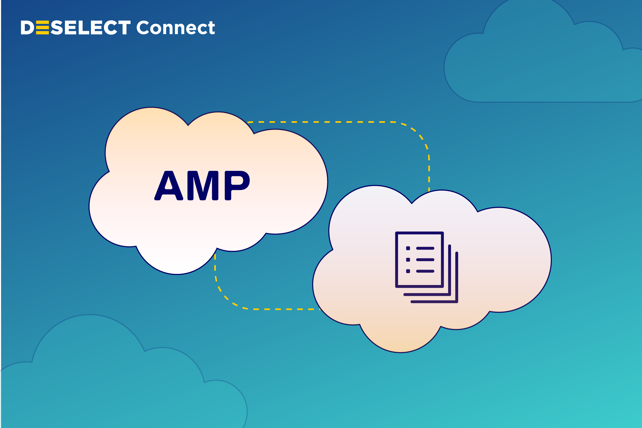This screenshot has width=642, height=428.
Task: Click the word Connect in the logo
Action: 175,28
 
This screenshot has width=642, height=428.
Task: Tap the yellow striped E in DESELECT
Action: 42,28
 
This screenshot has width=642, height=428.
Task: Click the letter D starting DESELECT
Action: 27,28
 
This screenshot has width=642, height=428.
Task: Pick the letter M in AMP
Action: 203,186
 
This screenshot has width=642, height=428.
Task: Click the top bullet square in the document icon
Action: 408,248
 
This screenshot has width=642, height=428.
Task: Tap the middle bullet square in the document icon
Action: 408,259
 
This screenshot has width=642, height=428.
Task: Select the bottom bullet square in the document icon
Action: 408,271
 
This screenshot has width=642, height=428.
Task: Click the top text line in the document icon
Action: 425,248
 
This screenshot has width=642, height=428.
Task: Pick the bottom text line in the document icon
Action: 425,271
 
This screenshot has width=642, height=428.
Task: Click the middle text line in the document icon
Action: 425,259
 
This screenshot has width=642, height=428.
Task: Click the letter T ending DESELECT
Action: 124,28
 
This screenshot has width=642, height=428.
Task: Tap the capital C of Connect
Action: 143,28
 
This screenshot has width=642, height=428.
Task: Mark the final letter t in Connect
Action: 211,28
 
